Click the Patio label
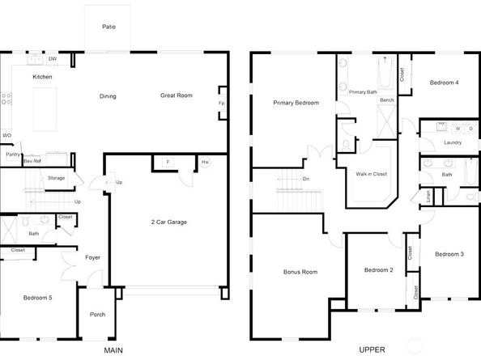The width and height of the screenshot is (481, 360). (x=109, y=27)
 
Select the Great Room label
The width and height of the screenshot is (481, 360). (x=176, y=95)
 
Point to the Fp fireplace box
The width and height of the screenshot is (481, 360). (x=221, y=104)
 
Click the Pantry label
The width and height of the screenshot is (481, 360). (x=12, y=154)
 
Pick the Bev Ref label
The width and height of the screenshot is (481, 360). (x=32, y=162)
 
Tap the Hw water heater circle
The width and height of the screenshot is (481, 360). (x=205, y=163)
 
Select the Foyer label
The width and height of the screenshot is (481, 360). (x=93, y=257)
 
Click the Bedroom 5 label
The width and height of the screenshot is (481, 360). (x=37, y=298)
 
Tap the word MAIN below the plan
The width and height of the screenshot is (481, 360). (x=113, y=350)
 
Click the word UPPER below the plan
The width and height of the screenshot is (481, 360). (x=370, y=350)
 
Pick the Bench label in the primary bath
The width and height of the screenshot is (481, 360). (x=387, y=100)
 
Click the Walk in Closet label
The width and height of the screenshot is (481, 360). (x=372, y=173)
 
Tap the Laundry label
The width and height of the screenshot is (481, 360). (x=453, y=143)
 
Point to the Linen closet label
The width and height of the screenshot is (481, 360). (x=428, y=196)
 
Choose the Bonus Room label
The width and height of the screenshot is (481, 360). (x=299, y=272)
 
